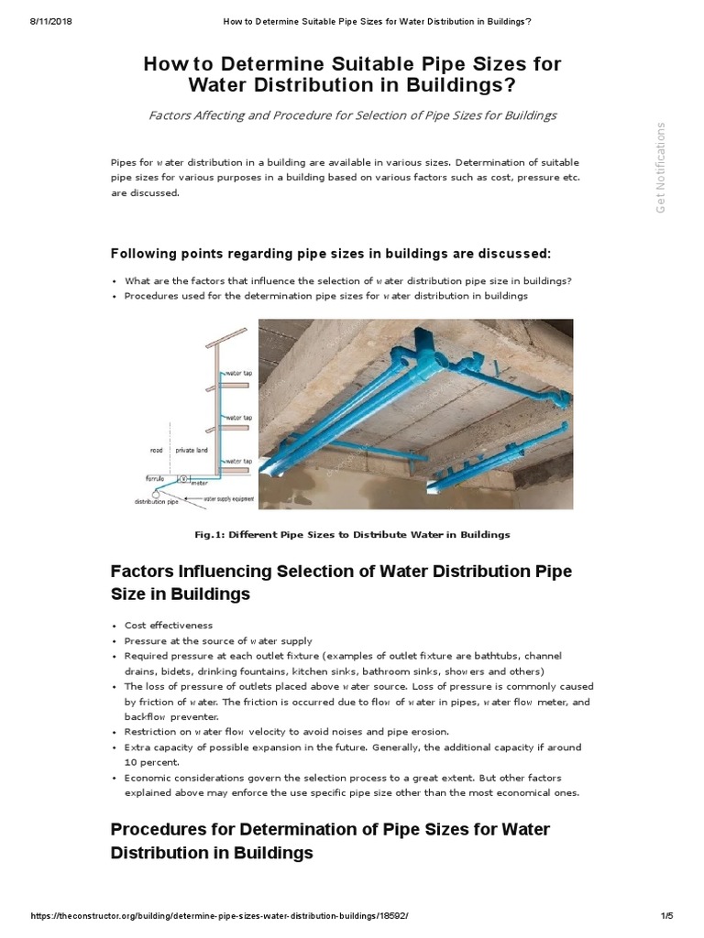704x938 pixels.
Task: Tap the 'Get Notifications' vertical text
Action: tap(659, 167)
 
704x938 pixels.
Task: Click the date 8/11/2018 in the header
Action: tap(27, 7)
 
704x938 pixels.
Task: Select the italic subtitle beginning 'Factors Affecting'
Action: tap(352, 115)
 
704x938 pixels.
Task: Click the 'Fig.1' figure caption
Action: tap(352, 534)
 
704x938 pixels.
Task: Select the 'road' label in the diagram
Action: tap(156, 450)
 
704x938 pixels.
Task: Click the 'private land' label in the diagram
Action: tap(191, 450)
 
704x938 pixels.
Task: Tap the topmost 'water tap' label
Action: tap(237, 374)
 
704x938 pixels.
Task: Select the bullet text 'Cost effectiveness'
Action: tap(169, 625)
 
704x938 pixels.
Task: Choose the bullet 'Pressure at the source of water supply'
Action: tap(218, 640)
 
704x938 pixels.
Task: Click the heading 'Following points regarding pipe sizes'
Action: tap(331, 253)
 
